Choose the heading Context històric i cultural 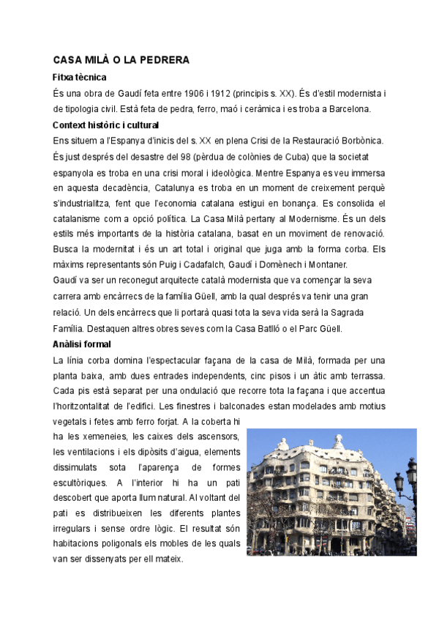click(111, 125)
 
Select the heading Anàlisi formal click(82, 344)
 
